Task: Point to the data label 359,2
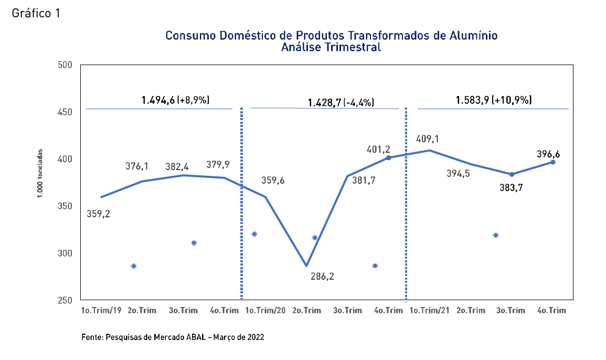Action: tap(98, 214)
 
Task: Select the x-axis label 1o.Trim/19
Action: tap(101, 310)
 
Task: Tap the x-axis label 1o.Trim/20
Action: tap(265, 310)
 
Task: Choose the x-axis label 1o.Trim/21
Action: tap(430, 310)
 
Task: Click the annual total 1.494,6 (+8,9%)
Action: tap(175, 100)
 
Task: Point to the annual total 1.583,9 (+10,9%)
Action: tap(493, 100)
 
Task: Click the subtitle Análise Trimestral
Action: tap(331, 47)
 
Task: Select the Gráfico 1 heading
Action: tap(36, 14)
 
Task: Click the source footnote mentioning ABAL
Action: tap(173, 337)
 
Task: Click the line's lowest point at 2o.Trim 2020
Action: tap(306, 266)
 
